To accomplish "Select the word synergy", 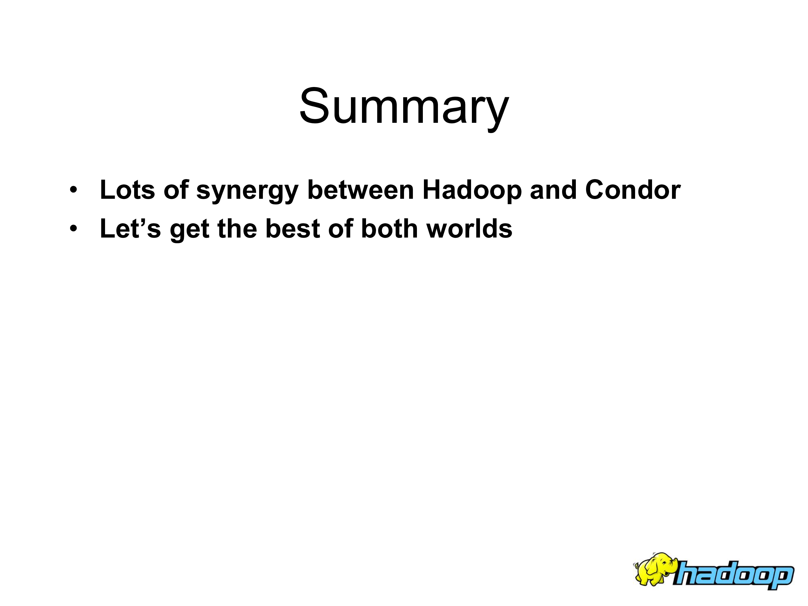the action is coord(247,192).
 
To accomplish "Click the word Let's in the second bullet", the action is coord(130,229).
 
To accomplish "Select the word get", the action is coord(190,231).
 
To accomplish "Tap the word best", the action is coord(292,229).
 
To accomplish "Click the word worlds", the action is coord(469,229).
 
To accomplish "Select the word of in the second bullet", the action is coord(340,229).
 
